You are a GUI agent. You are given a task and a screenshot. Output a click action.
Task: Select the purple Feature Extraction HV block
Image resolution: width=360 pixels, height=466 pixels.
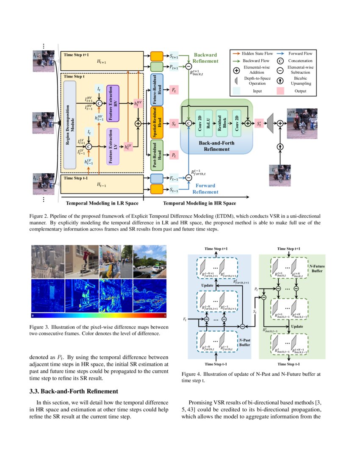click(x=114, y=103)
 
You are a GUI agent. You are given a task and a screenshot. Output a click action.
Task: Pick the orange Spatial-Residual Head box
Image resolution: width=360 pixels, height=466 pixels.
click(x=157, y=123)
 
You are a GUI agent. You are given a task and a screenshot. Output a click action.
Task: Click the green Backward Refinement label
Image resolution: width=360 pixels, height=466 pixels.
click(x=205, y=58)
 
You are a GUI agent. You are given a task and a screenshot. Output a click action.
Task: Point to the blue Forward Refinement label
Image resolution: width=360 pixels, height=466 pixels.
click(x=205, y=189)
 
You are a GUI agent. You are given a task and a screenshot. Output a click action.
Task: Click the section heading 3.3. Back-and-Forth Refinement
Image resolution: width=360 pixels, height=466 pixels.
click(x=76, y=391)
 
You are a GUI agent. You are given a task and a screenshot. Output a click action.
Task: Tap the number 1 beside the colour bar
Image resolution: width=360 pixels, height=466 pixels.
click(x=165, y=316)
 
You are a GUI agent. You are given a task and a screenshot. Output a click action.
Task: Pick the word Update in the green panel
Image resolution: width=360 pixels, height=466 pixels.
click(x=296, y=326)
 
